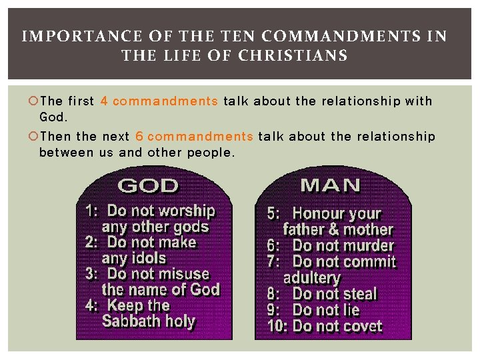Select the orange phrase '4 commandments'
coord(159,101)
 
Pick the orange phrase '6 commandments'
coord(194,137)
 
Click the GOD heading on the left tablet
coord(148,185)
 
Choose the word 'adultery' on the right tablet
coord(311,278)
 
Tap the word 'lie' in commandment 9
coord(350,310)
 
